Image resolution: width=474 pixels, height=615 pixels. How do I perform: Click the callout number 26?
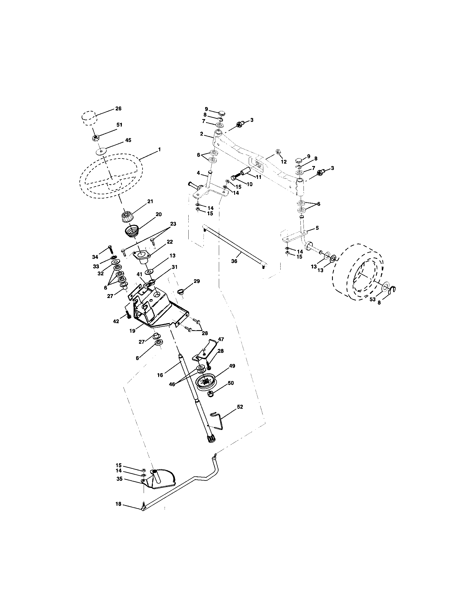click(118, 108)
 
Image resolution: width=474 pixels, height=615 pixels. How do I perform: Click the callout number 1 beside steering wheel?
click(160, 150)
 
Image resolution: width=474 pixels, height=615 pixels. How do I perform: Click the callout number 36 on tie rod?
click(234, 261)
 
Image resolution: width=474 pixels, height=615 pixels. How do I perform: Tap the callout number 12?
click(283, 162)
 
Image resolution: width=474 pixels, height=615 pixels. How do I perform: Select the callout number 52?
click(240, 407)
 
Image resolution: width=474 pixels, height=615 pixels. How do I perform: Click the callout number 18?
click(118, 504)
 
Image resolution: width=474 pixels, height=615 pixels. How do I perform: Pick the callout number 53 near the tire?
click(372, 299)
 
